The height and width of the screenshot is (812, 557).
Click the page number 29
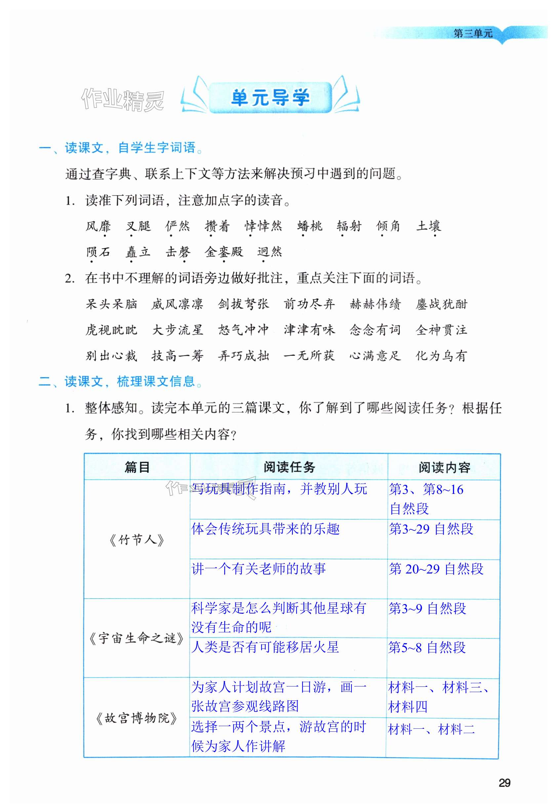point(504,783)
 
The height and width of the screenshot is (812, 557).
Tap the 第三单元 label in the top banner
point(473,34)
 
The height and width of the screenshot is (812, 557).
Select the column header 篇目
point(137,467)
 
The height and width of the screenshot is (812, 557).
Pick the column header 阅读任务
point(289,467)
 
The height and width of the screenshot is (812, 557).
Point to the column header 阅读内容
point(444,467)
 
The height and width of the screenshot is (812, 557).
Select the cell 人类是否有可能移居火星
point(265,647)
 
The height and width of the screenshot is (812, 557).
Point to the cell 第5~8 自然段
point(427,647)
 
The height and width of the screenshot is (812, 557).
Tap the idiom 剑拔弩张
point(243,304)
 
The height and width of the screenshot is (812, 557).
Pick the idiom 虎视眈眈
point(111,330)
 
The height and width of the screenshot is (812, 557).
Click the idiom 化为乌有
point(441,356)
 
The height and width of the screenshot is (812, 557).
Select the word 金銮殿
point(224,252)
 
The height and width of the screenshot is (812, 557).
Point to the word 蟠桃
point(310,226)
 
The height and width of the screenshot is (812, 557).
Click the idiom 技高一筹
point(177,356)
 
